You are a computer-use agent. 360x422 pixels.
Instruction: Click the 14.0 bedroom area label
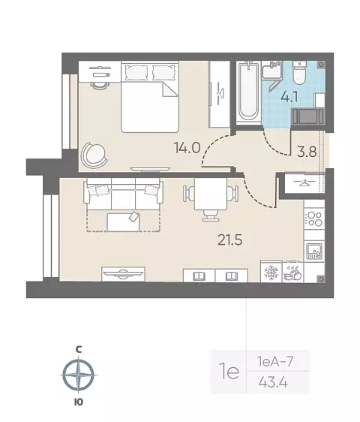187,148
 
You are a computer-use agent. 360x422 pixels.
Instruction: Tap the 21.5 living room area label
230,240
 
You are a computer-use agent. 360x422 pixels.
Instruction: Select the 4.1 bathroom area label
289,97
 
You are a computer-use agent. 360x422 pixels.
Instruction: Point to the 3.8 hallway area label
307,152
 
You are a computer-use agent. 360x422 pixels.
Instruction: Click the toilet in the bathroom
299,73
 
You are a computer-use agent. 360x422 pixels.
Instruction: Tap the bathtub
248,92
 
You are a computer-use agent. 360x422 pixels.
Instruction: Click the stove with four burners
314,219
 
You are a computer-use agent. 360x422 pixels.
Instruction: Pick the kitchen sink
313,251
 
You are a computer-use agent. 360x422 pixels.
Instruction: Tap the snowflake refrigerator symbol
271,272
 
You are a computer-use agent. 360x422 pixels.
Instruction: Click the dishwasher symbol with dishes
292,273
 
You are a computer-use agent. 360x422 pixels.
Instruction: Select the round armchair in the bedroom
93,154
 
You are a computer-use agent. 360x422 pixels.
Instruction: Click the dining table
211,194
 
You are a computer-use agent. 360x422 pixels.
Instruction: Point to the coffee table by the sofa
124,222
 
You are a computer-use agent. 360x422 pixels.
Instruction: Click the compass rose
78,375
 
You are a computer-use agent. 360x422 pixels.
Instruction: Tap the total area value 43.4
273,382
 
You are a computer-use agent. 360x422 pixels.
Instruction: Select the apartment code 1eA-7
275,361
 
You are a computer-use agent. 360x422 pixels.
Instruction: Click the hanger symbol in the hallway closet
304,182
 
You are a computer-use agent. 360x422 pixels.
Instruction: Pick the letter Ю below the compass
78,402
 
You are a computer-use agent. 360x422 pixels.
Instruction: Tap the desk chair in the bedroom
100,85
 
